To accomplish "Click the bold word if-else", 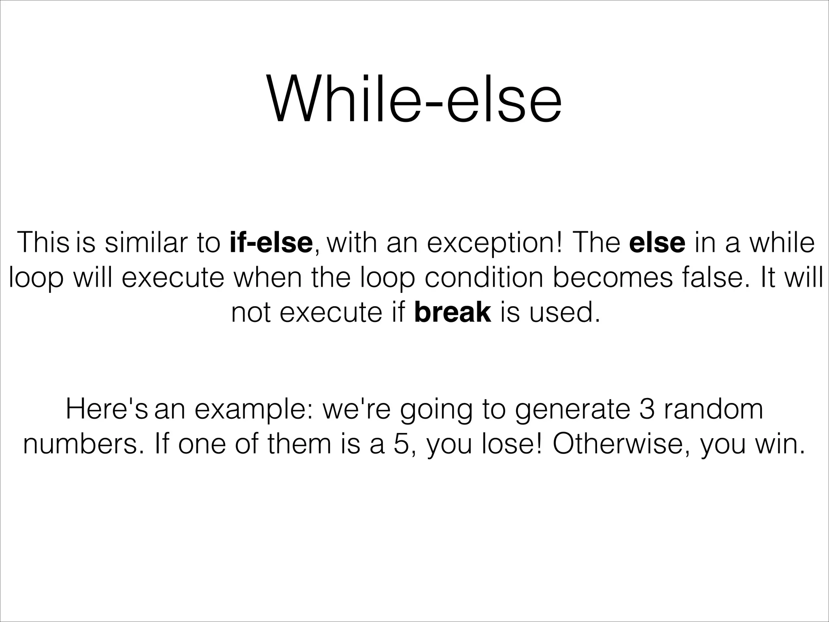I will tap(271, 243).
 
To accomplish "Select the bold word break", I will tap(453, 313).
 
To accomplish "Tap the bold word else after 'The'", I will tap(657, 243).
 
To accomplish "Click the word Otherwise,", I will tap(621, 444).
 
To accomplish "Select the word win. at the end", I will tap(779, 444).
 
